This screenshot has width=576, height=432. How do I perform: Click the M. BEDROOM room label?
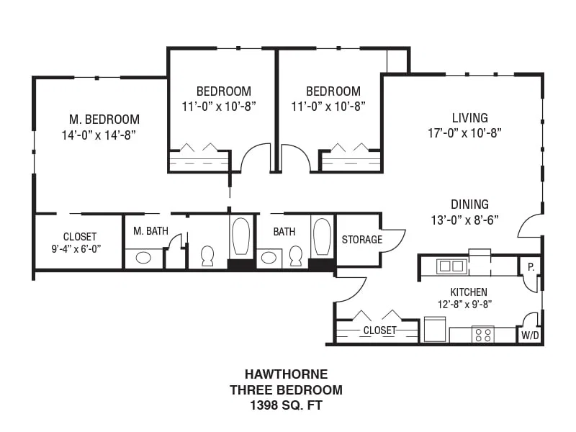[x=104, y=120]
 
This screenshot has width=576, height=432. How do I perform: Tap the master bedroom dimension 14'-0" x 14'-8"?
[x=99, y=135]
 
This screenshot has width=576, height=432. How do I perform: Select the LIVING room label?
[x=470, y=118]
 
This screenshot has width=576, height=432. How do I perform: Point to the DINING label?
[x=470, y=204]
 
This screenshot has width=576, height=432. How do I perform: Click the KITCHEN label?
[x=469, y=292]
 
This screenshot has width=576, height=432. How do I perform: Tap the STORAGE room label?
[x=362, y=240]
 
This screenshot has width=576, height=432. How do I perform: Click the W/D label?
[x=530, y=335]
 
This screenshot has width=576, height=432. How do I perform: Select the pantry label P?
[x=531, y=267]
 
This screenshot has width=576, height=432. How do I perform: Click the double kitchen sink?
[x=451, y=266]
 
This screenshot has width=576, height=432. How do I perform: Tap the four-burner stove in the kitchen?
[x=483, y=335]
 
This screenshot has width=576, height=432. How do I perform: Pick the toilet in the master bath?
[x=207, y=256]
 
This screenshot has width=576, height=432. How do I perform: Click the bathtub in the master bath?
[x=241, y=236]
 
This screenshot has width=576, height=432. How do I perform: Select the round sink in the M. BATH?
[x=143, y=258]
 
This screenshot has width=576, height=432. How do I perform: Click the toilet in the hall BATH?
[x=296, y=256]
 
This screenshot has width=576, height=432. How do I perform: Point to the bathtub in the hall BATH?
[x=322, y=237]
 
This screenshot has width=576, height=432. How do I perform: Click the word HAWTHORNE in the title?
[x=286, y=374]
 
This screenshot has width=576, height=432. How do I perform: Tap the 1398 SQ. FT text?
[x=286, y=405]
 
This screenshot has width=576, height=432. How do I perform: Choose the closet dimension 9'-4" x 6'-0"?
[x=76, y=249]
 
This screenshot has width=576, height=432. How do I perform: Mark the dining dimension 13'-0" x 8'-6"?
[x=464, y=220]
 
